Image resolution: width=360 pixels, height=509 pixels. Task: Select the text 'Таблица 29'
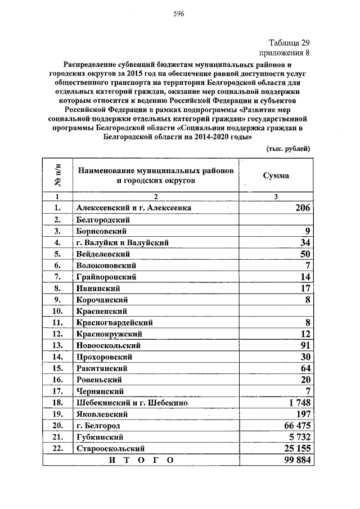coord(289,43)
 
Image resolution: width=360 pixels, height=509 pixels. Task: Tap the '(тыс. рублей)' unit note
coord(287,148)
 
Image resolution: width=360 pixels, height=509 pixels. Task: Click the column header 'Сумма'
coord(276,175)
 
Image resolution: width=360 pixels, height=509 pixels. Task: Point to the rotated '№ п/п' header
coord(57,176)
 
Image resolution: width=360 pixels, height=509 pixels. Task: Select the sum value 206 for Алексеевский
coord(303,208)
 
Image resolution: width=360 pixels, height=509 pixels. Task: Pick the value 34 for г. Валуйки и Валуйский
coord(305,242)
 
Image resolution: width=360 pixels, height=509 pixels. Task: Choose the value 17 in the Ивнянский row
coord(305,289)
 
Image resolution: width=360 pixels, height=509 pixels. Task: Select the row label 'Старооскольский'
coord(111,448)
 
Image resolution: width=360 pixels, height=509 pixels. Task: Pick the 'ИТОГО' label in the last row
coord(141,460)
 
